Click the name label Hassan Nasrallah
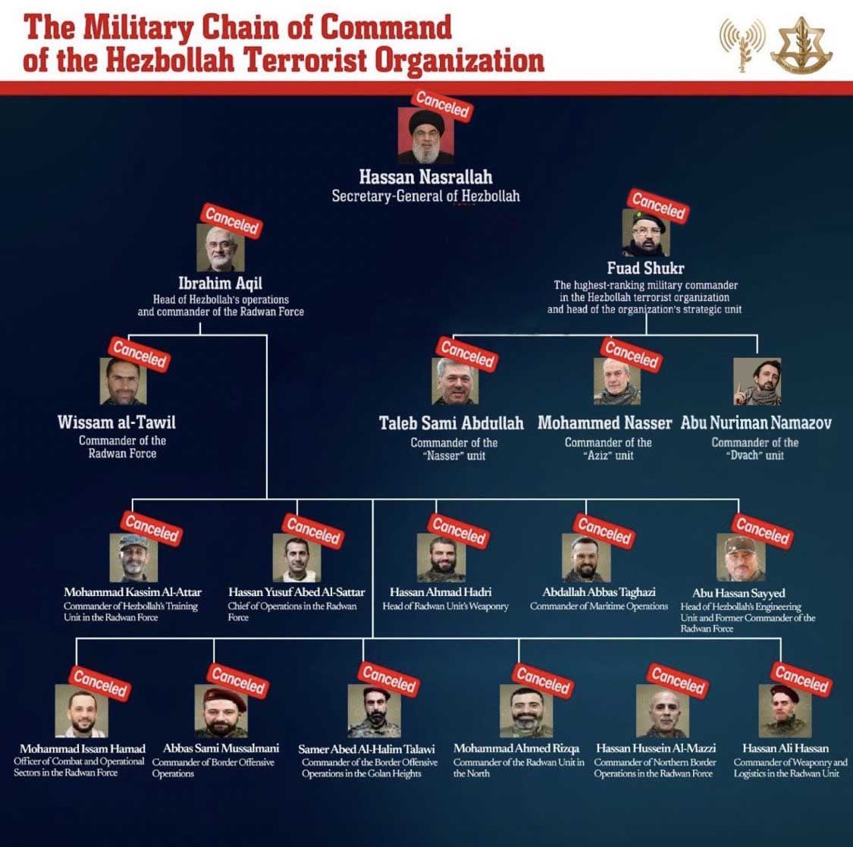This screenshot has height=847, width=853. pos(425,177)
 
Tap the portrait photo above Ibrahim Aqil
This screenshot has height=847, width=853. pos(220,249)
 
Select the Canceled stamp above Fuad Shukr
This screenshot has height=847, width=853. pos(657,205)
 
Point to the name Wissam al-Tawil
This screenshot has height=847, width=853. pos(117,422)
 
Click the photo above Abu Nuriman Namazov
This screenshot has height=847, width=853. pos(757,382)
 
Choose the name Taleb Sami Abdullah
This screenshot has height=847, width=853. pos(451,423)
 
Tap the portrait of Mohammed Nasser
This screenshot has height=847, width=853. pos(616,382)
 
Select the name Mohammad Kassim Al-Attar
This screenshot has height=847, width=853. pos(133,592)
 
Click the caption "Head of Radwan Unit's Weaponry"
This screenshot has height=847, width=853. pos(445,607)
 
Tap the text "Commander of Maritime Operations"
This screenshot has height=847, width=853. pos(599,607)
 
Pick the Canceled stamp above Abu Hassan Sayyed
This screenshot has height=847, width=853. pos(762,530)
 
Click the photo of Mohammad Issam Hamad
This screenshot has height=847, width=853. pos(81,711)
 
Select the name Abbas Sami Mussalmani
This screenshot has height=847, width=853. pos(221,748)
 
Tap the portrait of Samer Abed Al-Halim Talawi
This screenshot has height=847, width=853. pos(374,711)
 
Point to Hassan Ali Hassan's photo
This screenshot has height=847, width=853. pos(786,711)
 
